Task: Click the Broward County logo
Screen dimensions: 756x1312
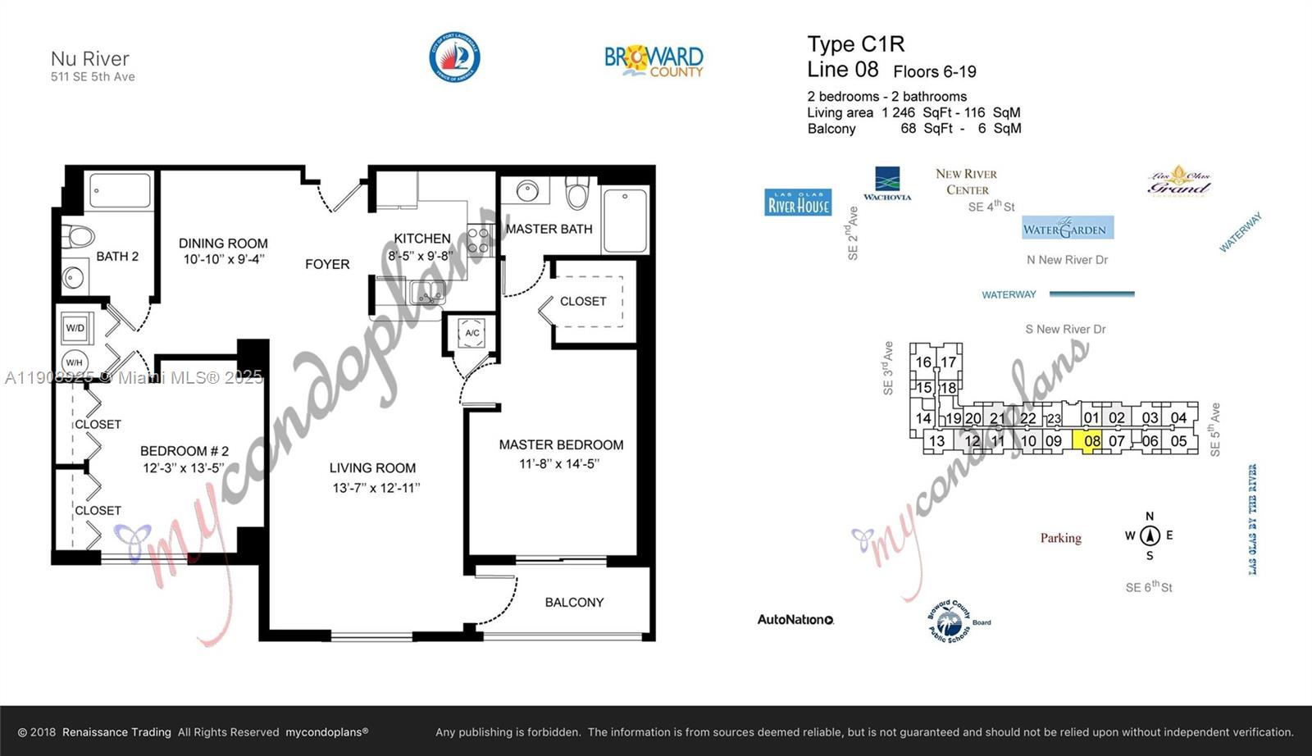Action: point(654,61)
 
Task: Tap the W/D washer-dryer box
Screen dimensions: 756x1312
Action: point(75,328)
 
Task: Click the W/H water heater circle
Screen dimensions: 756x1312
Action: point(75,362)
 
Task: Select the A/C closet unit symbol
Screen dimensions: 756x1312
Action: point(472,333)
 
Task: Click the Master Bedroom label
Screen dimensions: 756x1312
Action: point(561,444)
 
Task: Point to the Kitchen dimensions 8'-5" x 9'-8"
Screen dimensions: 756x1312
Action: point(421,256)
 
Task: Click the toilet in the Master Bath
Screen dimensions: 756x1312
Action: point(578,194)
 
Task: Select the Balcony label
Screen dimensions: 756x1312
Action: point(574,602)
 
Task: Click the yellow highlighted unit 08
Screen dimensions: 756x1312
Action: point(1091,441)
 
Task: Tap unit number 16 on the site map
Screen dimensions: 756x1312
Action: point(923,362)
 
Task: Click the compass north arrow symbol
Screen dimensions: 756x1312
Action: point(1150,535)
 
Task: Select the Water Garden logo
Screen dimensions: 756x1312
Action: point(1068,229)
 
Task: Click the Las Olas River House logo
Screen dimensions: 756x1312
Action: point(799,203)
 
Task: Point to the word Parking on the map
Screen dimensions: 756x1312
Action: point(1060,538)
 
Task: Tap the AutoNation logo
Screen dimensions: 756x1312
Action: point(795,620)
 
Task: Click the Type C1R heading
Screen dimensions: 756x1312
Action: point(855,44)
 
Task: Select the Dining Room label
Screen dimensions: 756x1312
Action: point(223,243)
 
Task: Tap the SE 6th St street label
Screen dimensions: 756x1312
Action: point(1149,587)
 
